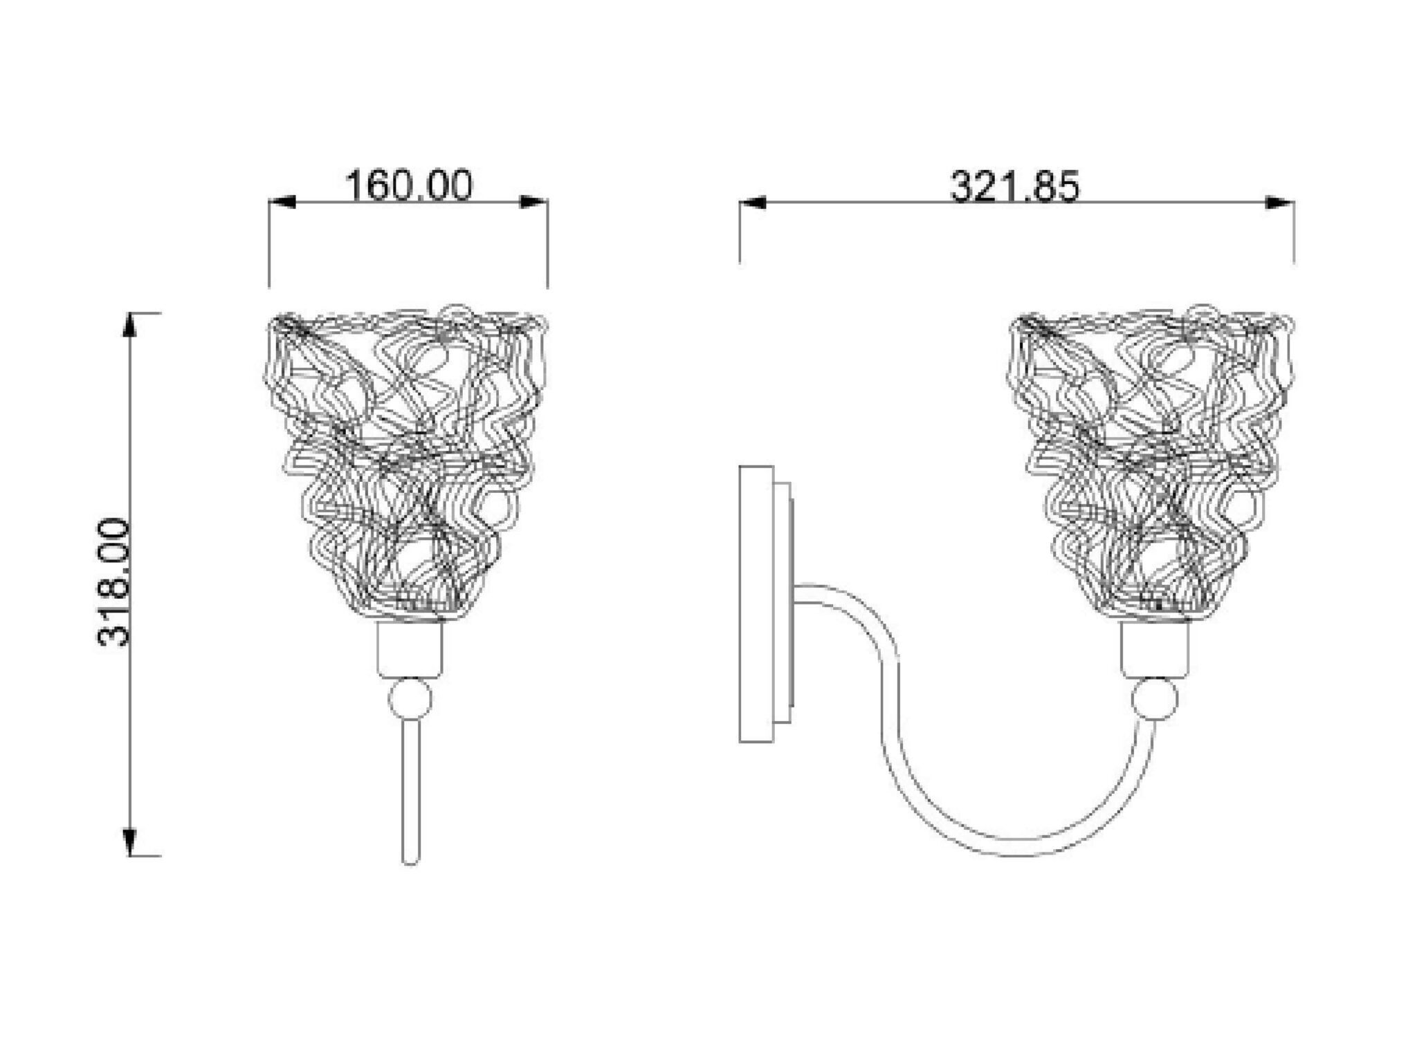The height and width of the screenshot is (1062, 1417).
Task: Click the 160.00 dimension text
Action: click(x=409, y=185)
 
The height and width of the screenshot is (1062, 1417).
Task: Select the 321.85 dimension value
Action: click(x=1014, y=187)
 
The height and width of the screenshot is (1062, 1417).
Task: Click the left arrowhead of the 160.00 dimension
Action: click(x=282, y=202)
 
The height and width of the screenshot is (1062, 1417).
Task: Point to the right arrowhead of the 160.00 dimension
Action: click(x=533, y=202)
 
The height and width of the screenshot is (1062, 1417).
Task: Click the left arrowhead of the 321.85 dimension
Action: click(x=753, y=203)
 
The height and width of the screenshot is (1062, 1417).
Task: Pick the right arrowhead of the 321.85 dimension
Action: click(x=1280, y=203)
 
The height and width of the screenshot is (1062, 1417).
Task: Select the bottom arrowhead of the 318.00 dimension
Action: click(x=129, y=841)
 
